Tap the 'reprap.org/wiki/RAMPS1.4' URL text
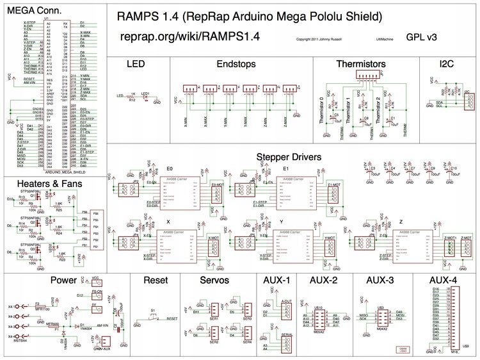189,37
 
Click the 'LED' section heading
137,65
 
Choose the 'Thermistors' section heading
361,65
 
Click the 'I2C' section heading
442,65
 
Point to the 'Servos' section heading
216,281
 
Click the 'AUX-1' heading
277,281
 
